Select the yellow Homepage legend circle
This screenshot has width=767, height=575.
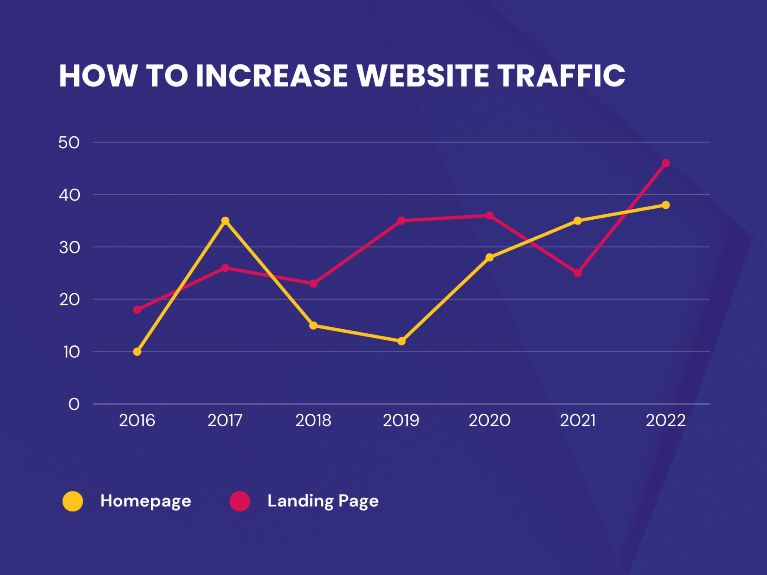[73, 501]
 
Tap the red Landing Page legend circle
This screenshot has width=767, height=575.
[240, 501]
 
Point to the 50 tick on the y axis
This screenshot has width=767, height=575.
[69, 143]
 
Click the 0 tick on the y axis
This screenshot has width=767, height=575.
[74, 404]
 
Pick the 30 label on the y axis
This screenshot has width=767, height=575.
[69, 247]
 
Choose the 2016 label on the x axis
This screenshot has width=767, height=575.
[137, 421]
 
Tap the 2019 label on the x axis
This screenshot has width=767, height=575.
[401, 421]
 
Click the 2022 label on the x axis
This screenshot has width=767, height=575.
[666, 421]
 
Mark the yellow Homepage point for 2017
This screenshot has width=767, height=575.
[225, 221]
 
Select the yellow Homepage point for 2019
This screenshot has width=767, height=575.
[401, 341]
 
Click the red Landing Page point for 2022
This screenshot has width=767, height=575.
[666, 163]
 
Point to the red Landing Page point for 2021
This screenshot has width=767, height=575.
[577, 273]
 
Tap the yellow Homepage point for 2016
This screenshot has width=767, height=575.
[137, 352]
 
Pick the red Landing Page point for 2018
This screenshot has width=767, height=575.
[313, 284]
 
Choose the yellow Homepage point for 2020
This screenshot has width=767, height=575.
[490, 257]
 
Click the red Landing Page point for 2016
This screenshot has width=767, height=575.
[137, 310]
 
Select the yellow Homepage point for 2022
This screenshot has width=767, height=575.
[666, 205]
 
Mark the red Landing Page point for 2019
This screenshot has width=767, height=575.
[401, 221]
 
